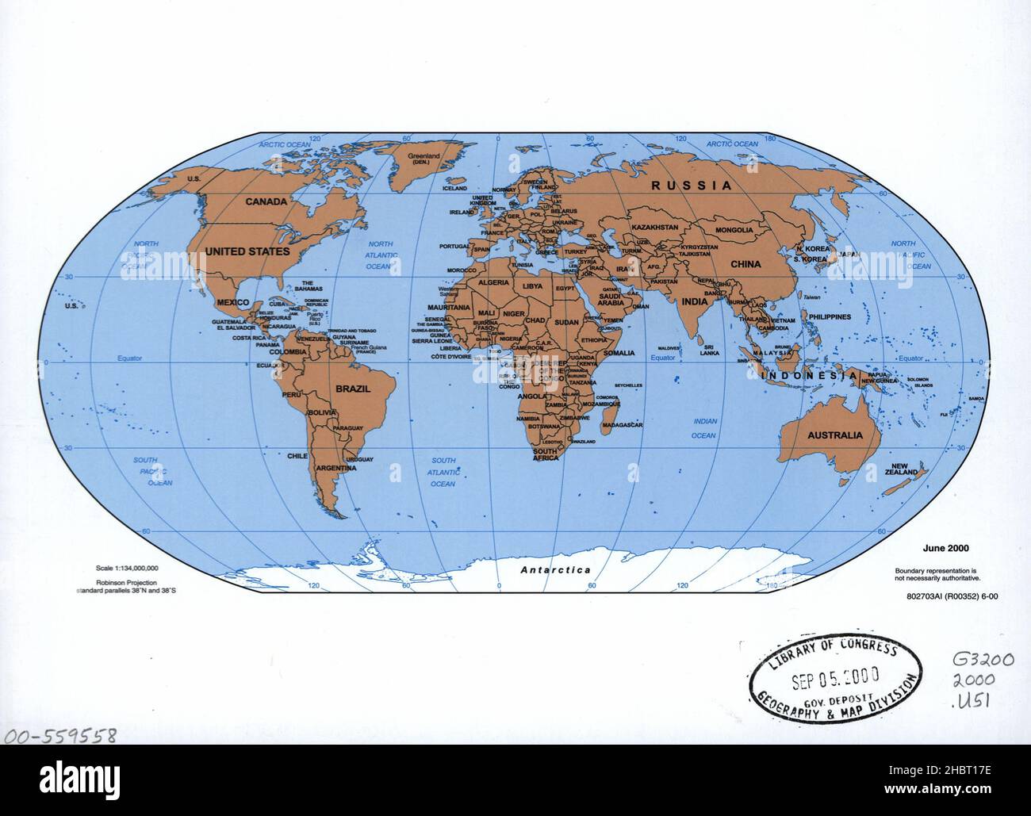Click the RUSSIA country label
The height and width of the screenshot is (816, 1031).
coord(692,186)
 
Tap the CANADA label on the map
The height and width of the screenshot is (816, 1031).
coord(266,201)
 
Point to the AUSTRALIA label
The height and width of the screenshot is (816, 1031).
coord(834,435)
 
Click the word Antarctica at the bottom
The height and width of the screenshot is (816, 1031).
coord(555,569)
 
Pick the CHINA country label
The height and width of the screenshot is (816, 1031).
coord(745,264)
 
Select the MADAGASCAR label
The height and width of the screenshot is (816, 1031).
coord(622,426)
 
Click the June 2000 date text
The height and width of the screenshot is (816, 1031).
coord(945,548)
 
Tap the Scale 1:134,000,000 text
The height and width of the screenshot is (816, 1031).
coord(127,568)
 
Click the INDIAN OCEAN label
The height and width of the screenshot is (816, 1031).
coord(703,428)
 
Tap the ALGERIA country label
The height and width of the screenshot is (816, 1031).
coord(493,283)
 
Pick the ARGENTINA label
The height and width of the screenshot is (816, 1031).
coord(335,469)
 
